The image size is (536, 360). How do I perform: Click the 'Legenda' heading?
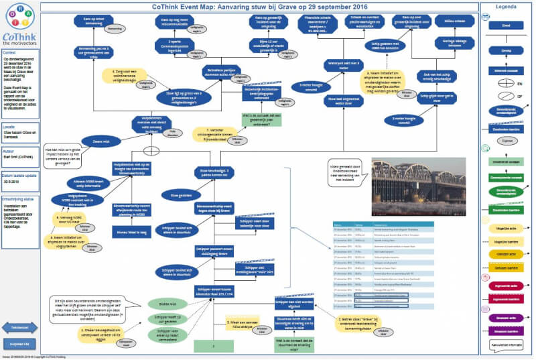pos(507,6)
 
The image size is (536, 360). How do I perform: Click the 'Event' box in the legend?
pos(507,25)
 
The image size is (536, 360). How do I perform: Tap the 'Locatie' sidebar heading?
pos(9,126)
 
